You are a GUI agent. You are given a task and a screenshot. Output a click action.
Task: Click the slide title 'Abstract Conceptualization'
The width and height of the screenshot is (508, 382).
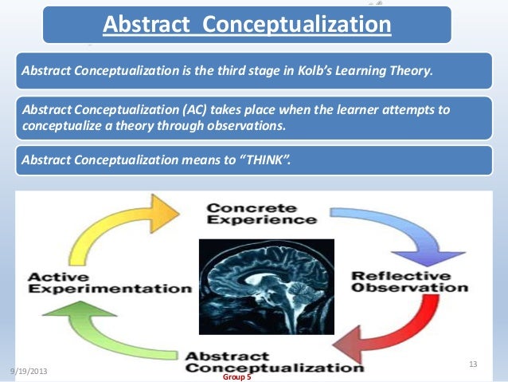pyautogui.click(x=246, y=26)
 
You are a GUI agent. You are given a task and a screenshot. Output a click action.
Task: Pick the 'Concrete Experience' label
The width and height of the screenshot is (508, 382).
pyautogui.click(x=254, y=215)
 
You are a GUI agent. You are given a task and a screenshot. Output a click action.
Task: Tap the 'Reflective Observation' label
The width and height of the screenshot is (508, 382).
pyautogui.click(x=403, y=282)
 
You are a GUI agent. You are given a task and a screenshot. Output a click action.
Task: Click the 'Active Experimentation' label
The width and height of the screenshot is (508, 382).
pyautogui.click(x=110, y=283)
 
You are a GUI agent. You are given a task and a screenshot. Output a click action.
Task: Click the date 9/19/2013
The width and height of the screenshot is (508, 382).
pyautogui.click(x=29, y=372)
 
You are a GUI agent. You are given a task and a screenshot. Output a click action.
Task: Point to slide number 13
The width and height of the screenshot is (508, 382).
pyautogui.click(x=473, y=364)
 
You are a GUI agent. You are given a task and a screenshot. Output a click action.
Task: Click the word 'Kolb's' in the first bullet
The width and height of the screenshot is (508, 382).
pyautogui.click(x=321, y=70)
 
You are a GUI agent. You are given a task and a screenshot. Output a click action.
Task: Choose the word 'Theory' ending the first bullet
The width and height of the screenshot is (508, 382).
pyautogui.click(x=411, y=70)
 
